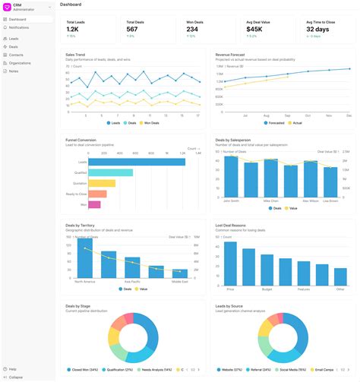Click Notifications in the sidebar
pos(19,27)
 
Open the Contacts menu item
pos(16,55)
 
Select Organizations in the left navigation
pos(20,63)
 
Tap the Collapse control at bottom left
pos(16,377)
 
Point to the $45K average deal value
pos(254,30)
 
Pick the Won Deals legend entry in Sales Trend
pos(150,122)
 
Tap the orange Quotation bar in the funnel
pos(102,183)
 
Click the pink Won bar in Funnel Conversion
pos(94,204)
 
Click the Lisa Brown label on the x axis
pos(330,201)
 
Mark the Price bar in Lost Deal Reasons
pos(230,264)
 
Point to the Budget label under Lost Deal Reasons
pos(267,289)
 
